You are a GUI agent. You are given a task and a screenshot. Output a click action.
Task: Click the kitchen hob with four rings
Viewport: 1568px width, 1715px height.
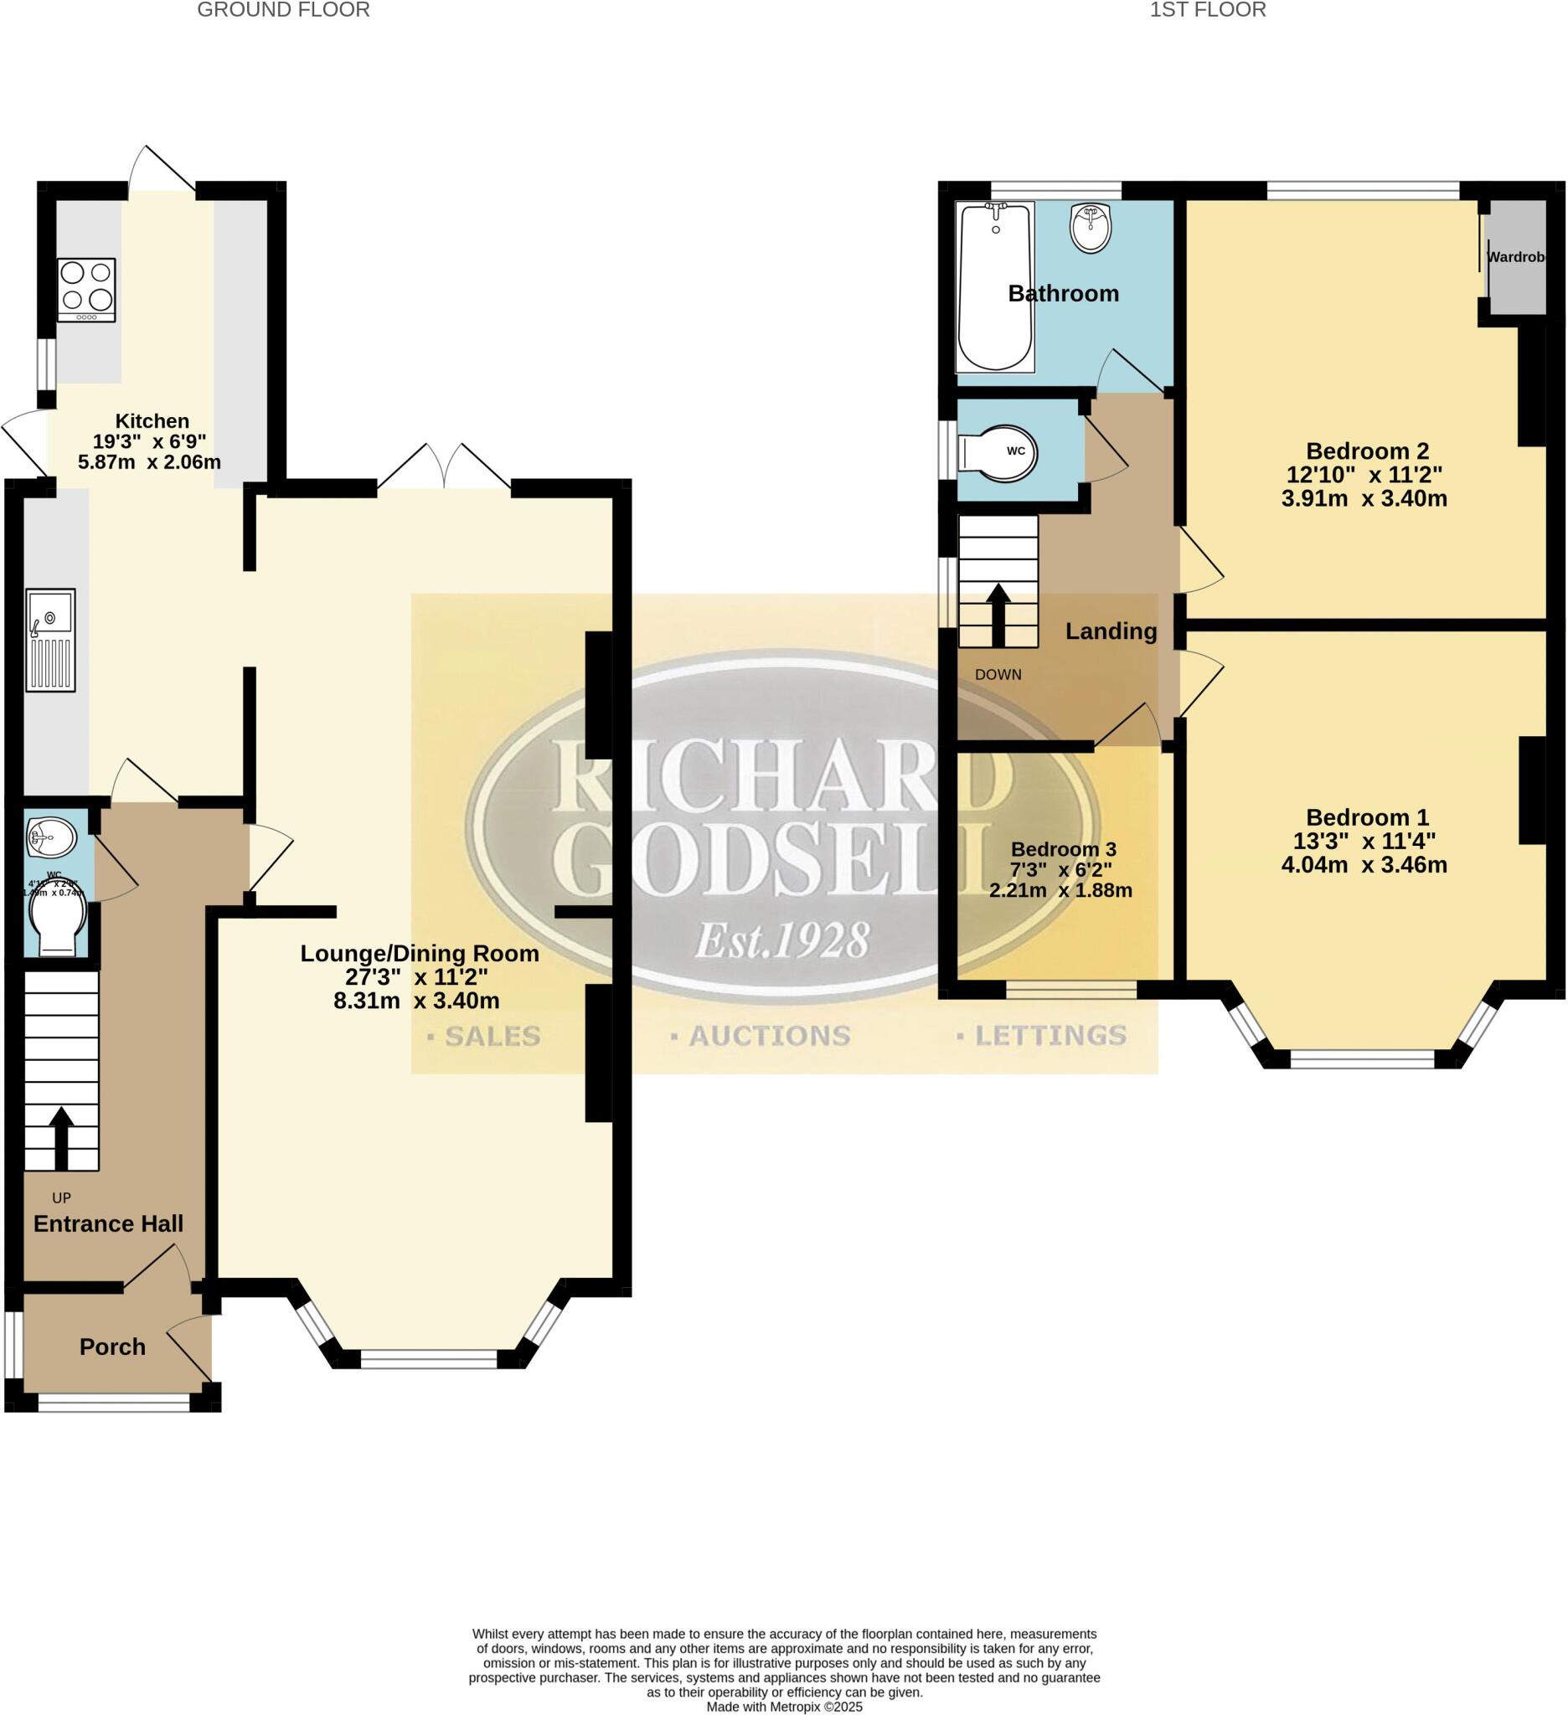(x=86, y=289)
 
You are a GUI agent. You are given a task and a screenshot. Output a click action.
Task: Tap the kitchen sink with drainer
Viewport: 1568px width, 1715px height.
(x=50, y=639)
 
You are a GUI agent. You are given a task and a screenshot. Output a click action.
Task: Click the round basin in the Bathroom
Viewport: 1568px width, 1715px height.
(x=1090, y=227)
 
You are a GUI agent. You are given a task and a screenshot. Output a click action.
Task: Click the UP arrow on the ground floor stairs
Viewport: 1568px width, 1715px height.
(x=61, y=1136)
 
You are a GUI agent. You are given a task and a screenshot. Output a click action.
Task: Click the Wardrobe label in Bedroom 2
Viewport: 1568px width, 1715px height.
(x=1514, y=256)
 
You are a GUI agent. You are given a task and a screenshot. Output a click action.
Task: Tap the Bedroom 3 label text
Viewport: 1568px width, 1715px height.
(x=1063, y=849)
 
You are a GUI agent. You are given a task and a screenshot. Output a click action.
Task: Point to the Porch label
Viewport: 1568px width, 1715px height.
(x=112, y=1347)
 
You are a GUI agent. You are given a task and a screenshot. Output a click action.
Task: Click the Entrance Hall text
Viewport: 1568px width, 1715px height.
(x=108, y=1223)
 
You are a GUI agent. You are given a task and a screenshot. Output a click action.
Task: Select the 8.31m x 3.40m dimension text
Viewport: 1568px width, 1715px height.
(x=416, y=1001)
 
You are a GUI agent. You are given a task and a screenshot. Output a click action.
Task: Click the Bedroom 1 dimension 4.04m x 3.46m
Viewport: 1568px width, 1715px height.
(x=1364, y=865)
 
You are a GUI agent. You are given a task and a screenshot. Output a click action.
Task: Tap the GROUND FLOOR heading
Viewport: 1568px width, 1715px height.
(x=283, y=10)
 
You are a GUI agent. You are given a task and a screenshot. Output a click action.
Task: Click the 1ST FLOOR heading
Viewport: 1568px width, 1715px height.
(x=1207, y=10)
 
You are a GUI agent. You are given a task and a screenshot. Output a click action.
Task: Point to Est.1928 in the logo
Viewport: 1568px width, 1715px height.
(x=781, y=941)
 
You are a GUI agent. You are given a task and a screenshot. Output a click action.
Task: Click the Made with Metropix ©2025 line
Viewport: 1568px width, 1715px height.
(x=783, y=1707)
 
